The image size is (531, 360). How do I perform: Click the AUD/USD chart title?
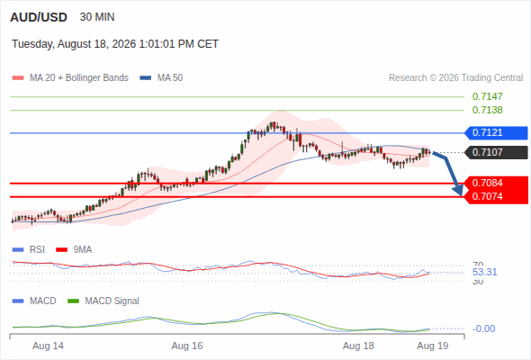39,17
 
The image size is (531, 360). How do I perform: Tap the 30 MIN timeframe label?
97,17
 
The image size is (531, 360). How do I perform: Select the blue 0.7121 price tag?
497,133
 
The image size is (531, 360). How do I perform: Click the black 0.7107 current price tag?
497,152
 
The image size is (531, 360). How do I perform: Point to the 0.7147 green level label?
487,96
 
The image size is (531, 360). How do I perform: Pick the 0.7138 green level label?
487,110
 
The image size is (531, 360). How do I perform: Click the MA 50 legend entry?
161,78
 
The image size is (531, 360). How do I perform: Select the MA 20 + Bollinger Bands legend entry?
70,78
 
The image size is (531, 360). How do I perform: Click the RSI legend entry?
29,249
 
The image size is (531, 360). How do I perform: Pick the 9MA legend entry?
74,249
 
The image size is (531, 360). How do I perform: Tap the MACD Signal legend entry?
103,301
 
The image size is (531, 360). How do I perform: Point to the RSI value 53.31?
484,272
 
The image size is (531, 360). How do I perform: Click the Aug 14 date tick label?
48,346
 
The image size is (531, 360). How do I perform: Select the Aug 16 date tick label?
187,346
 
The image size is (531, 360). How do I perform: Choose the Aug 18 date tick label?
358,346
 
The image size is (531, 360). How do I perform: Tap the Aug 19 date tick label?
433,346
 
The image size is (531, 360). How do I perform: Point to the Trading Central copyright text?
455,78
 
